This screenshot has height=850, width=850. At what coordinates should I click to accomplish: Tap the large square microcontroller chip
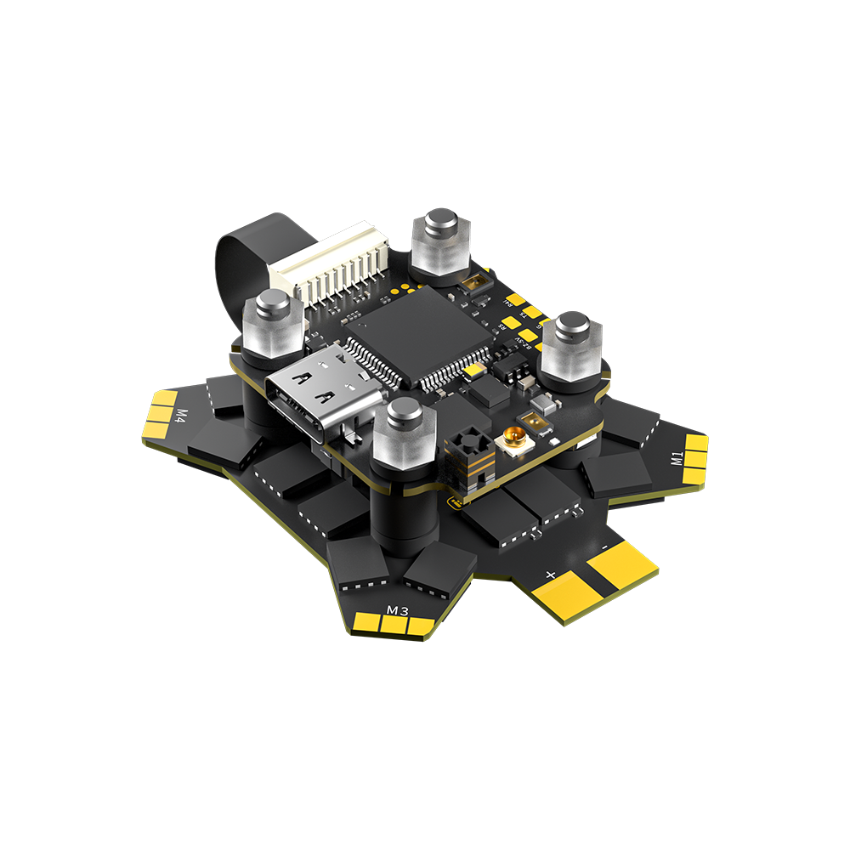click(x=416, y=336)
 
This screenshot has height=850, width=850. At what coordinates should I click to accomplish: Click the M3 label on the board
click(x=398, y=609)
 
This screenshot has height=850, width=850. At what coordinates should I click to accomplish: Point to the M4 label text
click(x=181, y=416)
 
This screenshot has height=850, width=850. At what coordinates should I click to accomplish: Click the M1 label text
click(x=677, y=459)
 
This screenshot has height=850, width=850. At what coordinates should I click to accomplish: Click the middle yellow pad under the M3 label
click(x=394, y=625)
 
